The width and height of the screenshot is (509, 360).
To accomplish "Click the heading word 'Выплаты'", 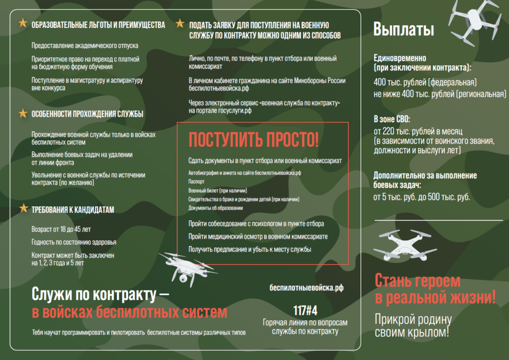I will [404, 30].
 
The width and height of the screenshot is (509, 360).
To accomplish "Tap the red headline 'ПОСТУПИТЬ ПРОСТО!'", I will [254, 140].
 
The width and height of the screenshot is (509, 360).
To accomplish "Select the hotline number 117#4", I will [305, 311].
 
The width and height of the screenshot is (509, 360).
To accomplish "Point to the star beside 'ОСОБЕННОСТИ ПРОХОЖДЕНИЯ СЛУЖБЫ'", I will [23, 113].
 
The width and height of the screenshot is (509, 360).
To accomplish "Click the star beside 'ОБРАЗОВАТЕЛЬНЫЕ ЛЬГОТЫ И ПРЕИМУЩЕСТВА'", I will [23, 24].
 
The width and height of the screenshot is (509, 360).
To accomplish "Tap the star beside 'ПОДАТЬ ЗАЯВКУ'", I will [180, 24].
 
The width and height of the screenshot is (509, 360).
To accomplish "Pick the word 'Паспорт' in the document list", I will [196, 182].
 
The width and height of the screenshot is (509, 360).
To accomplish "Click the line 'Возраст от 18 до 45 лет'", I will [61, 229].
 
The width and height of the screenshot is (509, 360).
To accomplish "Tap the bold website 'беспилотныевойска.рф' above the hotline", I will [306, 287].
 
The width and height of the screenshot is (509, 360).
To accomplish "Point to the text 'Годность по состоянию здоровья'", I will [74, 242].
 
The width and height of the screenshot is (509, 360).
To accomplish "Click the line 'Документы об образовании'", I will [216, 208].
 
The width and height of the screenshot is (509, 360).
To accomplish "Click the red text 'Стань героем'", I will [418, 281].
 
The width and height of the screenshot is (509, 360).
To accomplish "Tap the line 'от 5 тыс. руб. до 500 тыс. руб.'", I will [422, 197].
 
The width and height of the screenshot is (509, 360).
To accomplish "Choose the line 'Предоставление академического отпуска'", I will [85, 46].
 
